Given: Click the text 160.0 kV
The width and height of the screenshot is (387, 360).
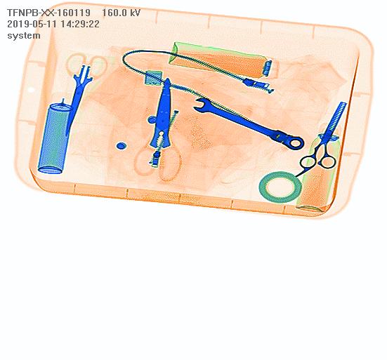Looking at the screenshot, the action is [x=121, y=13].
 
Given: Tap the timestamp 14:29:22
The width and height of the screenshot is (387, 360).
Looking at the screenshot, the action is [x=80, y=24].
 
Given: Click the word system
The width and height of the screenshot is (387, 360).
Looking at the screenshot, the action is [x=24, y=35].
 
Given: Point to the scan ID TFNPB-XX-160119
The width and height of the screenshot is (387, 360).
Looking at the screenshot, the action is [x=48, y=13].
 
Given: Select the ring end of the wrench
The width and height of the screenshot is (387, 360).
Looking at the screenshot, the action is [x=295, y=142].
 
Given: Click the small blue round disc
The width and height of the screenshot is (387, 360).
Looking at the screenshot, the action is [x=121, y=146].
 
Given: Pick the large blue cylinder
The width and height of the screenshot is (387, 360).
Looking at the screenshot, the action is [x=54, y=138].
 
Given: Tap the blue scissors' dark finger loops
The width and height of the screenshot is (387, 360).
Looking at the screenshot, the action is [x=318, y=161].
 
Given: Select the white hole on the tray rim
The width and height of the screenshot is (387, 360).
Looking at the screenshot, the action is [x=31, y=90].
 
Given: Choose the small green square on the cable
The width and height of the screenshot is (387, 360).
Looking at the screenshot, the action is [x=154, y=78].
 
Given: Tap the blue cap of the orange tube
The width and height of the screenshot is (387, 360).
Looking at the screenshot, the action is [x=268, y=68].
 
